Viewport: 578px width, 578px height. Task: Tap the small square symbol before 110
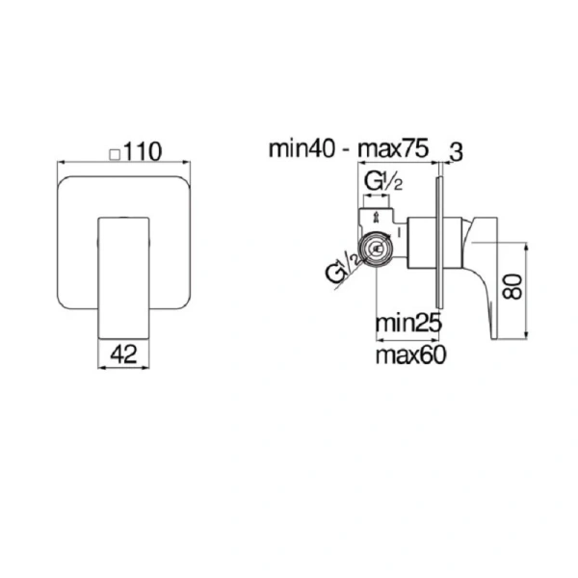click(115, 153)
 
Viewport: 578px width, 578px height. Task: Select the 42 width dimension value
click(123, 354)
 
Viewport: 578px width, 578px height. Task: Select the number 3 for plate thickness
click(458, 150)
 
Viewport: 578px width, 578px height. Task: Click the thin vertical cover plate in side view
click(441, 241)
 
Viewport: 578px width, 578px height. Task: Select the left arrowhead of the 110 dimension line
click(62, 164)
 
